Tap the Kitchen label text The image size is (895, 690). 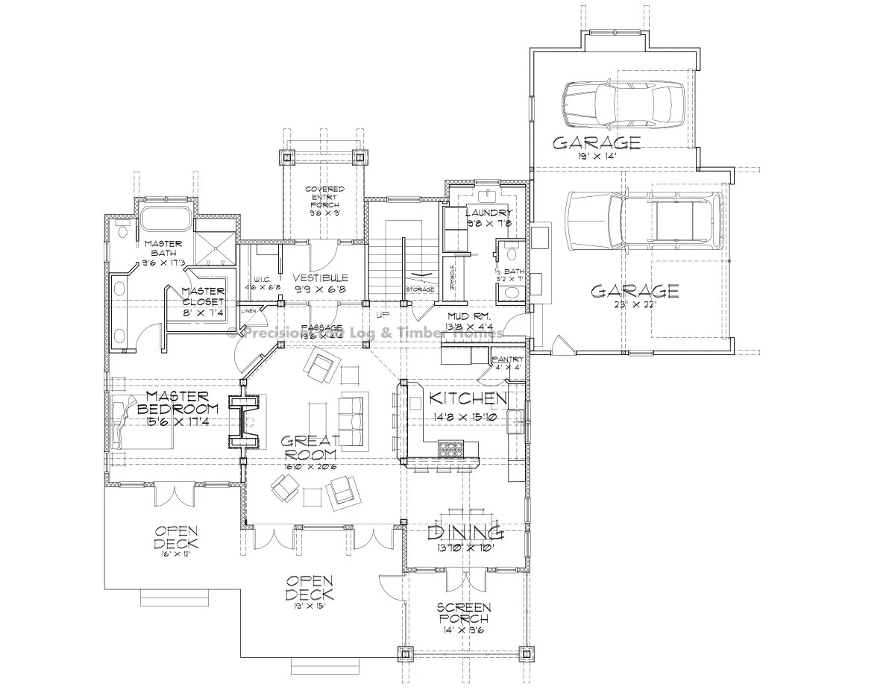coord(469,398)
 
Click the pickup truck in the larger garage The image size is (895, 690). coord(643,220)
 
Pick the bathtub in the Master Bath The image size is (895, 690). coord(165,219)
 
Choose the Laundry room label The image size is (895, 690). coord(488,213)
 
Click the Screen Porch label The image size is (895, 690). coord(463,612)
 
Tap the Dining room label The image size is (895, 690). coord(466,532)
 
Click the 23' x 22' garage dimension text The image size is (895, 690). coord(635,306)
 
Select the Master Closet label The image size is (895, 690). coord(203,296)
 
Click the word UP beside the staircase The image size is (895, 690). coord(383,315)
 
